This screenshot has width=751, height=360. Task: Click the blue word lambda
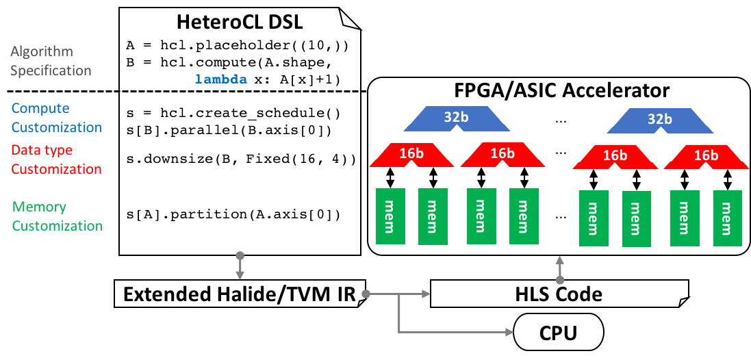pyautogui.click(x=220, y=79)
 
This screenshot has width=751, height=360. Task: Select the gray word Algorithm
pyautogui.click(x=41, y=51)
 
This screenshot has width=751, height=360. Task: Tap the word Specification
pyautogui.click(x=51, y=70)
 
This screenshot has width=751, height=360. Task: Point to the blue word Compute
pyautogui.click(x=40, y=108)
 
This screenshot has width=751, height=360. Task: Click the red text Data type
pyautogui.click(x=42, y=150)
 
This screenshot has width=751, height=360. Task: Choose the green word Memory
pyautogui.click(x=39, y=207)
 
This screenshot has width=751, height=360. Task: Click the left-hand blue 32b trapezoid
pyautogui.click(x=457, y=118)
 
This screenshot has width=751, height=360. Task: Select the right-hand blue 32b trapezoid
pyautogui.click(x=660, y=120)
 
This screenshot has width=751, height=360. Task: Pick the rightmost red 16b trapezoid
pyautogui.click(x=706, y=157)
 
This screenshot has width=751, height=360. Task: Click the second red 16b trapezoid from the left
pyautogui.click(x=502, y=155)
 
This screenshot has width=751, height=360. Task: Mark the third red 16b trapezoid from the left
pyautogui.click(x=615, y=157)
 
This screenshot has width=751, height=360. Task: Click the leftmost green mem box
pyautogui.click(x=390, y=216)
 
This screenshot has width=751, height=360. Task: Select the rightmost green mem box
pyautogui.click(x=727, y=218)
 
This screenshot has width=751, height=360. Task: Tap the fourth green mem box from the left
pyautogui.click(x=524, y=216)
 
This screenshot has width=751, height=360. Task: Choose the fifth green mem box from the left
pyautogui.click(x=594, y=218)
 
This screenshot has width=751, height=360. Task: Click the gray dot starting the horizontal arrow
pyautogui.click(x=366, y=294)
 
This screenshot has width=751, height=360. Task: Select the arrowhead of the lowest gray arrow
pyautogui.click(x=509, y=332)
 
